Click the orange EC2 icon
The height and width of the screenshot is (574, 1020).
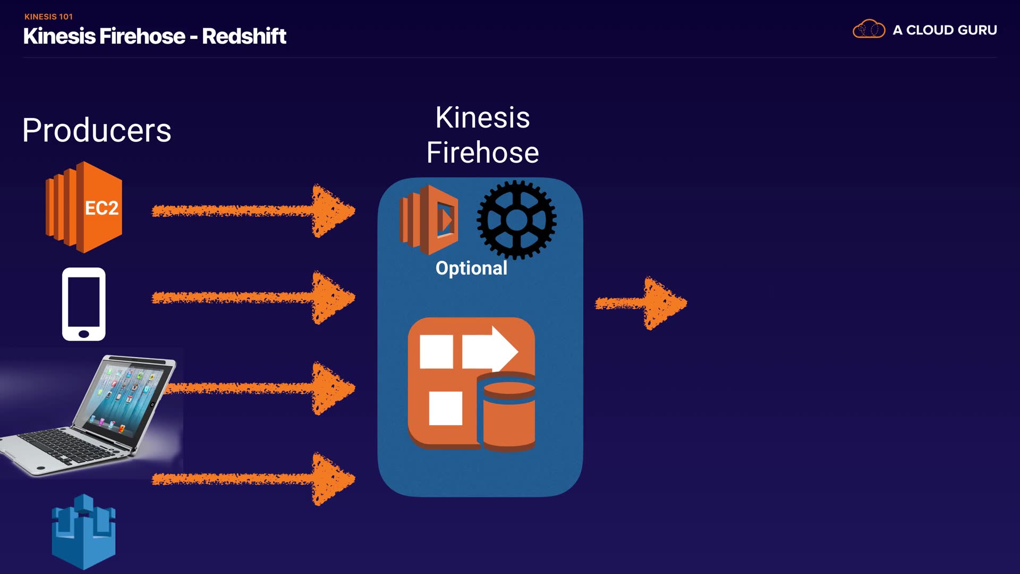pos(84,207)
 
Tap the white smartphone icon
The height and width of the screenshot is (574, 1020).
pos(84,304)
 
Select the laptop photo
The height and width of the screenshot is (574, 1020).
pos(90,415)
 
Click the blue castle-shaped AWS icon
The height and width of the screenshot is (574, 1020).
pos(83,531)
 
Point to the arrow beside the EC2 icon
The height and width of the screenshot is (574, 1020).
pos(253,211)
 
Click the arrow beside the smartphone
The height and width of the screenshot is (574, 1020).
pos(253,298)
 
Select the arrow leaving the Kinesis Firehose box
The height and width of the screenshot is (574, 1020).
pos(641,303)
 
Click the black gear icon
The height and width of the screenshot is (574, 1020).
pos(516,220)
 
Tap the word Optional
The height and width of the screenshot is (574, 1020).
pos(471,268)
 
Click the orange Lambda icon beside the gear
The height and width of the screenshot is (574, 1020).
pos(429,220)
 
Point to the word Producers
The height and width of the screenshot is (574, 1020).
pos(97,130)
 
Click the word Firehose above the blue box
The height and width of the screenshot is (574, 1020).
pos(482,153)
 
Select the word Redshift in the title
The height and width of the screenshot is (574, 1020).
pos(244,36)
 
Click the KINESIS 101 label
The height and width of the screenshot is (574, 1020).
pos(48,16)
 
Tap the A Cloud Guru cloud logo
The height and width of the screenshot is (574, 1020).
pos(869,29)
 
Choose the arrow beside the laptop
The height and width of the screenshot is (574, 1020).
pos(260,389)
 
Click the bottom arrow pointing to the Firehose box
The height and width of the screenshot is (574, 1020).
pos(253,479)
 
